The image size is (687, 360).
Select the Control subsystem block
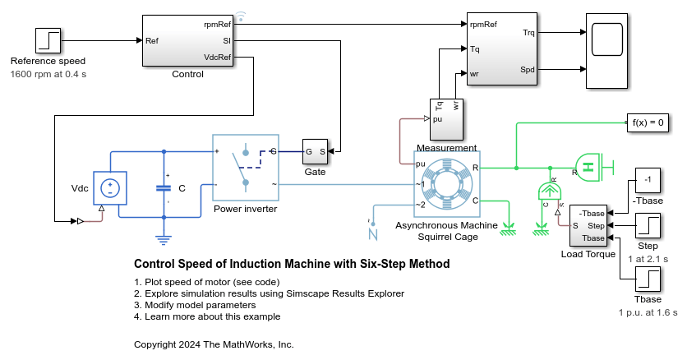click(x=187, y=40)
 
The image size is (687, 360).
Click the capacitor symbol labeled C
click(x=164, y=187)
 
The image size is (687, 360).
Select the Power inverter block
click(x=245, y=168)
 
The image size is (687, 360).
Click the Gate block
click(x=315, y=151)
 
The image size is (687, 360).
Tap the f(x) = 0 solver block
click(x=648, y=122)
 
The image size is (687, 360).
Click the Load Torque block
click(x=588, y=225)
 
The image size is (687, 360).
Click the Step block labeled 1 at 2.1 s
click(x=648, y=225)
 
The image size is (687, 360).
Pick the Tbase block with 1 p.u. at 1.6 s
click(x=648, y=279)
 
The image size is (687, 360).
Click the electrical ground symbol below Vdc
click(x=164, y=239)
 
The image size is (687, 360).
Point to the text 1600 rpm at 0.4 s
click(x=48, y=74)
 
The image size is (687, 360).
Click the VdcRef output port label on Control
click(x=217, y=57)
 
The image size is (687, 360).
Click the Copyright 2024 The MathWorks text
click(x=213, y=344)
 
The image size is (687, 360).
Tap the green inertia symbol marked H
click(x=588, y=168)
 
